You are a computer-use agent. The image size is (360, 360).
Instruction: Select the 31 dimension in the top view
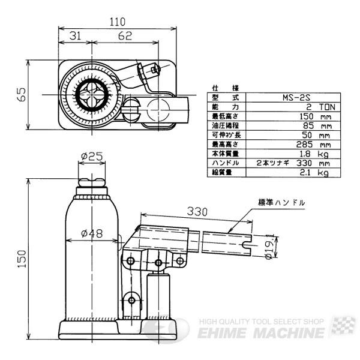pyautogui.click(x=76, y=36)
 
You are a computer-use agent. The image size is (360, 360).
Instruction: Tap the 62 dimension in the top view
pyautogui.click(x=125, y=36)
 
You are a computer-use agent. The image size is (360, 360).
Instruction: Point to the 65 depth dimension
pyautogui.click(x=22, y=94)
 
